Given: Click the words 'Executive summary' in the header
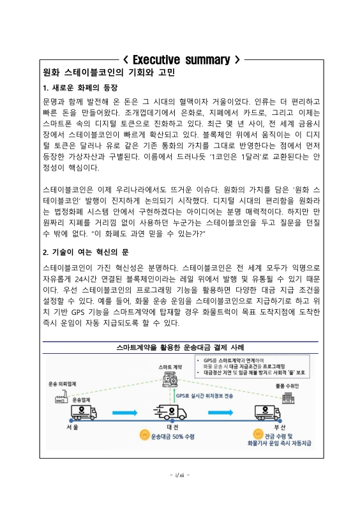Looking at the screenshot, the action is (x=181, y=60).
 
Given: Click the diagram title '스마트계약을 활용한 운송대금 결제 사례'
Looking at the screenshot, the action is (x=180, y=347).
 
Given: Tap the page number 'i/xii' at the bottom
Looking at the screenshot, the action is (x=180, y=475).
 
